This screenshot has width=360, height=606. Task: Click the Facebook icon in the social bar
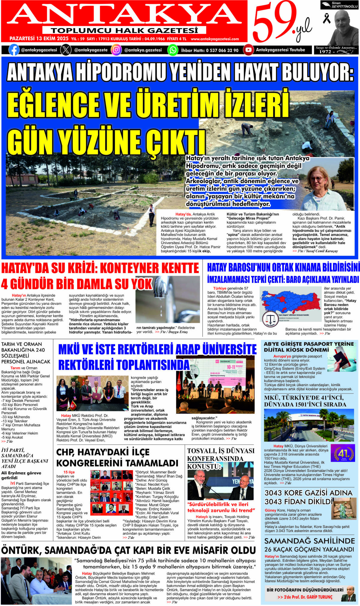click(14, 50)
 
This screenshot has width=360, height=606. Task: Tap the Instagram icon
click(116, 50)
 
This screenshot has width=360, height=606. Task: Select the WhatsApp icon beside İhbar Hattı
click(172, 50)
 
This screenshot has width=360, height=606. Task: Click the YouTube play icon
click(248, 50)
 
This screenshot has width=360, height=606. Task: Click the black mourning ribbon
click(326, 19)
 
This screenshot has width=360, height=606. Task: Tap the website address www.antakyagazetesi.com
click(215, 39)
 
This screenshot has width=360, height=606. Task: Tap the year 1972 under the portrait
click(325, 52)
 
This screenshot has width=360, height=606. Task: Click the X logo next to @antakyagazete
click(66, 50)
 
